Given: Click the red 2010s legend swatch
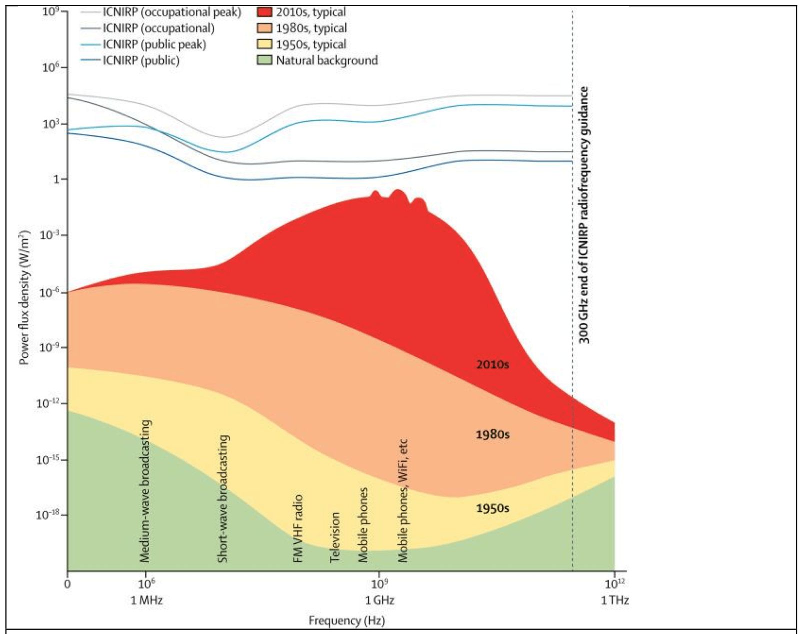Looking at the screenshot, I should (x=264, y=12).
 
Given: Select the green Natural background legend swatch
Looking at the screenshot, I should (x=264, y=60).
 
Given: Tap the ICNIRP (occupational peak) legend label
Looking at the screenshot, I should (x=172, y=12).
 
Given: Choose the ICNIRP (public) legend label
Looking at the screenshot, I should (x=141, y=60).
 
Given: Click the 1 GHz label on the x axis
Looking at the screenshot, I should (x=379, y=600).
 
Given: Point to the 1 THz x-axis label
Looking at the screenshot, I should (x=614, y=600).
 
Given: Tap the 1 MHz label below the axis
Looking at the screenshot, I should (x=146, y=600).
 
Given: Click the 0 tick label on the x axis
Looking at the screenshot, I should (x=67, y=584).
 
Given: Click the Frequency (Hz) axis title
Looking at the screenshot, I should (x=346, y=621).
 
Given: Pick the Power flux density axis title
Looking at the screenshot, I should (x=24, y=297).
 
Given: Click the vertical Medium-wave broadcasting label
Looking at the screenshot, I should (x=145, y=491).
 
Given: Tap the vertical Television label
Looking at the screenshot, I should (x=334, y=537).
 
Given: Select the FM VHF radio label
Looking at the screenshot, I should (x=298, y=528).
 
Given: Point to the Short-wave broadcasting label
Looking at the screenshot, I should (x=223, y=498).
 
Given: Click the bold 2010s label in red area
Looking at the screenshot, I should (x=492, y=364).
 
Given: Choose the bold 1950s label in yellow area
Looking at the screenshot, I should (x=492, y=508).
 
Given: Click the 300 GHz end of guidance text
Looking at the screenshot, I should (x=584, y=215).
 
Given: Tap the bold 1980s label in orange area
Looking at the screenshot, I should (x=492, y=434).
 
